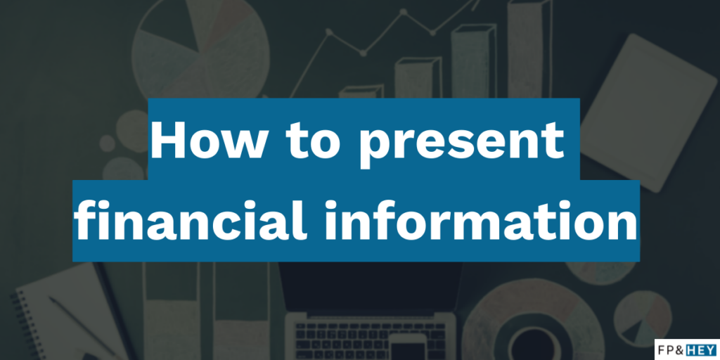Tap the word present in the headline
[461, 142]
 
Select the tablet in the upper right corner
[648, 112]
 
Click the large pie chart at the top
[200, 50]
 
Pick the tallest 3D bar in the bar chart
[529, 49]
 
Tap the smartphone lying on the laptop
[408, 347]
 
